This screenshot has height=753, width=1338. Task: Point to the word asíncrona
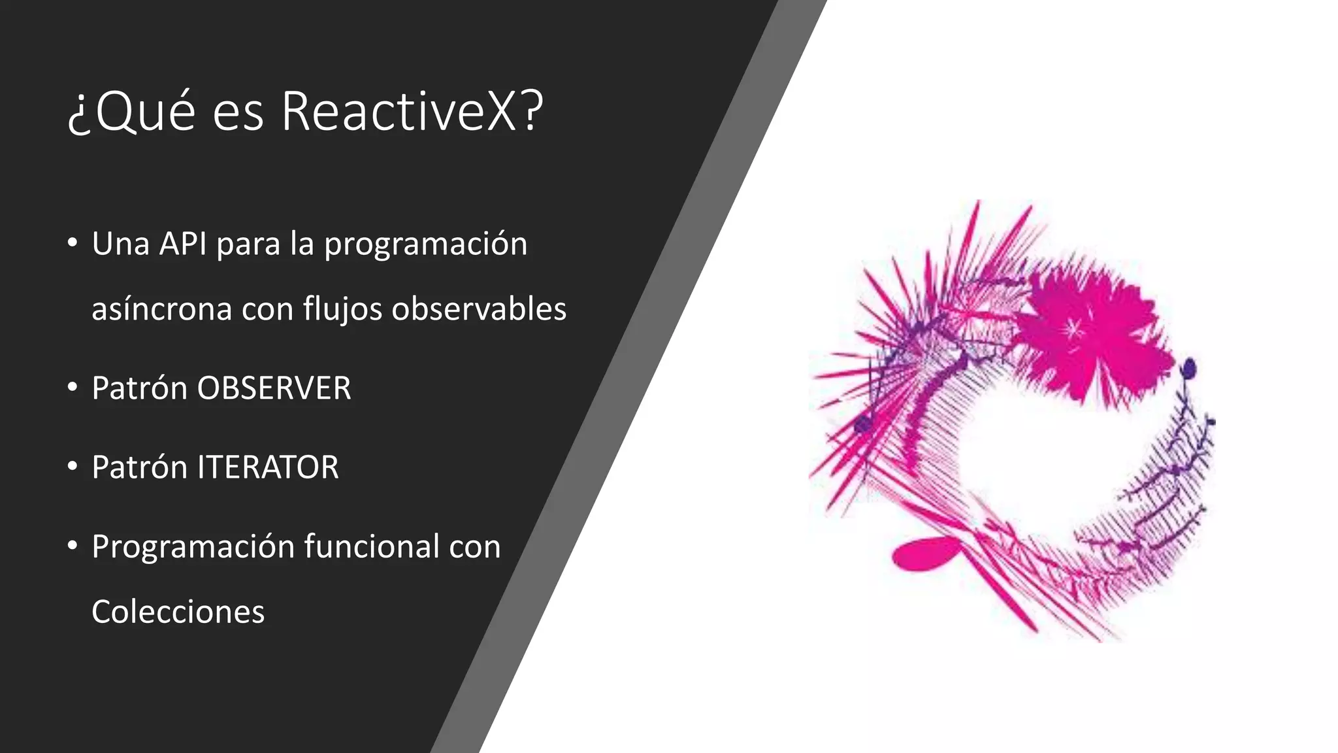pyautogui.click(x=161, y=309)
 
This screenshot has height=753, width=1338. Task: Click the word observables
pyautogui.click(x=479, y=309)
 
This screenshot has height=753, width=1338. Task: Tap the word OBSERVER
pyautogui.click(x=274, y=388)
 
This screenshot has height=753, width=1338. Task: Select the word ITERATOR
pyautogui.click(x=268, y=467)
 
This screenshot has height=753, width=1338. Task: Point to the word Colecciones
pyautogui.click(x=178, y=612)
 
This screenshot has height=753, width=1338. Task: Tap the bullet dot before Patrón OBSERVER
pyautogui.click(x=73, y=387)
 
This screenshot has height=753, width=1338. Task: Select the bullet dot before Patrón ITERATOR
pyautogui.click(x=73, y=466)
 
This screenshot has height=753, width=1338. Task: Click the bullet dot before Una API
pyautogui.click(x=73, y=243)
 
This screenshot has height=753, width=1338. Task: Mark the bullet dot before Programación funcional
pyautogui.click(x=73, y=545)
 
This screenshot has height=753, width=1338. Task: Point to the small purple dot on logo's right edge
pyautogui.click(x=1190, y=369)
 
